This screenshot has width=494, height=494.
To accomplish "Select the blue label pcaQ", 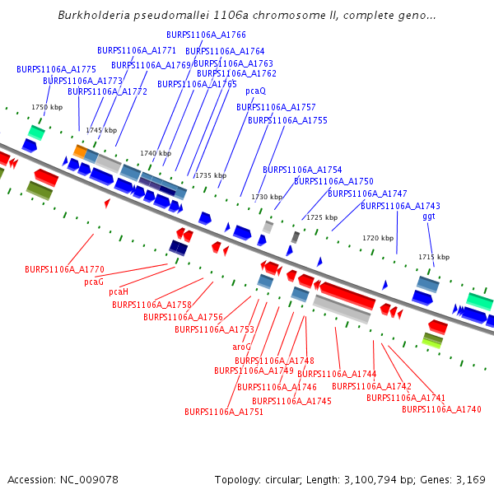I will point(255,91).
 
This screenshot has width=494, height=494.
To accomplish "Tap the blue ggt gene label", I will point(428,216).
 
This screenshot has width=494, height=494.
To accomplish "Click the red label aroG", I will point(241,347).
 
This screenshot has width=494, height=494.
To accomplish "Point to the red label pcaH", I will point(119,291).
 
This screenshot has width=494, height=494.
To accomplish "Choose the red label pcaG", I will point(94,282).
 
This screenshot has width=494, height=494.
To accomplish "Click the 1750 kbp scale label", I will point(47,107).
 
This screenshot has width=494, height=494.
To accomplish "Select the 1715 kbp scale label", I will point(434,257).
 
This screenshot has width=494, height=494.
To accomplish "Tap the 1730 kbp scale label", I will point(267,197).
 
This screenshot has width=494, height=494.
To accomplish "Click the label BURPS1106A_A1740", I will point(436,409).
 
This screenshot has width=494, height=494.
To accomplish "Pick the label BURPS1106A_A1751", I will point(224,412).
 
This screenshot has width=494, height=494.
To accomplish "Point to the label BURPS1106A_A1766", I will point(206,35).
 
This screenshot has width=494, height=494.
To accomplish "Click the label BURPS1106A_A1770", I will point(64,269).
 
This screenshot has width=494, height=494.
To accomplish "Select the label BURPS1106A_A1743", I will point(400,206).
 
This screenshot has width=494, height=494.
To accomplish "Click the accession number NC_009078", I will point(89,479).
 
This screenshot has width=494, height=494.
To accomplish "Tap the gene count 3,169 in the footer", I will point(469,479).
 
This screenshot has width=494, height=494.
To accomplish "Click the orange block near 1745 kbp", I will point(80,151).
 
